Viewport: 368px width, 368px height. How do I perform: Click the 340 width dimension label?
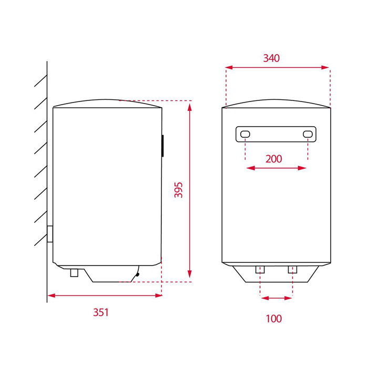[x=271, y=58]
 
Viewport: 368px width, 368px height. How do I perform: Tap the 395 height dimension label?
[x=178, y=190]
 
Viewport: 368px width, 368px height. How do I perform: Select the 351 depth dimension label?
[x=101, y=312]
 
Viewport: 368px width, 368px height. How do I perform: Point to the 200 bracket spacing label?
[x=274, y=159]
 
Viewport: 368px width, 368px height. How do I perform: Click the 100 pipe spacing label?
[x=274, y=319]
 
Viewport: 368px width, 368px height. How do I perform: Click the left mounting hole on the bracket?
[x=246, y=134]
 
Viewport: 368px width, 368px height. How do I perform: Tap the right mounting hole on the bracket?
[x=308, y=134]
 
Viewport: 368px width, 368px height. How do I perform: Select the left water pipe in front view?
[x=260, y=270]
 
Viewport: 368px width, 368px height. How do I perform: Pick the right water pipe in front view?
[x=292, y=270]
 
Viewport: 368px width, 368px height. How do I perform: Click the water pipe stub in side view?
[x=74, y=273]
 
